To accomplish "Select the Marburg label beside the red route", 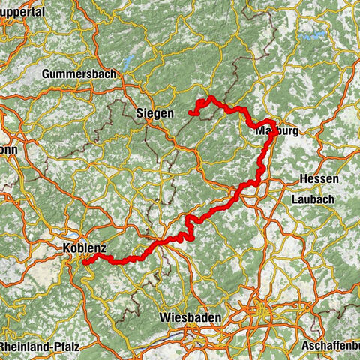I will (x=277, y=130).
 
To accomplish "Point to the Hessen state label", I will (x=319, y=180).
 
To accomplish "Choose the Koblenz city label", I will (x=85, y=247).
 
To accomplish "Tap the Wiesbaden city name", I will (x=190, y=318).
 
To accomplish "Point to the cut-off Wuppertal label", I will (x=22, y=12).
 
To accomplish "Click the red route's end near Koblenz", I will (x=84, y=262).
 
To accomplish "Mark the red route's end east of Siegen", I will (x=191, y=113).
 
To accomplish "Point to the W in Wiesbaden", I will (x=164, y=318).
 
